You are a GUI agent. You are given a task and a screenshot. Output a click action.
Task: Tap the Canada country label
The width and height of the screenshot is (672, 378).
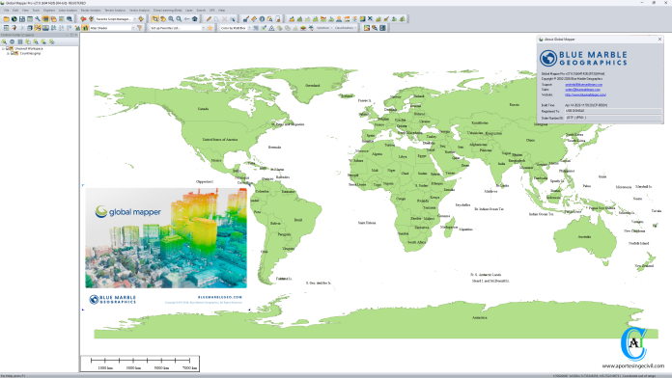202,109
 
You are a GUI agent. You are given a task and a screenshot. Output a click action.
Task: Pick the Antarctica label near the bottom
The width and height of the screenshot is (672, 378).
473,316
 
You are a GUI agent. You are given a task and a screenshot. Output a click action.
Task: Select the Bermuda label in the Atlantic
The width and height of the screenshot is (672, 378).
275,148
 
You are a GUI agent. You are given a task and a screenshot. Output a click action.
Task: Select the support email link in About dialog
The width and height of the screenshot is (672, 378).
579,85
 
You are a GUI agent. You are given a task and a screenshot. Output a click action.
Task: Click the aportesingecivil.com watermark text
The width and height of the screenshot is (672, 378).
632,366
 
